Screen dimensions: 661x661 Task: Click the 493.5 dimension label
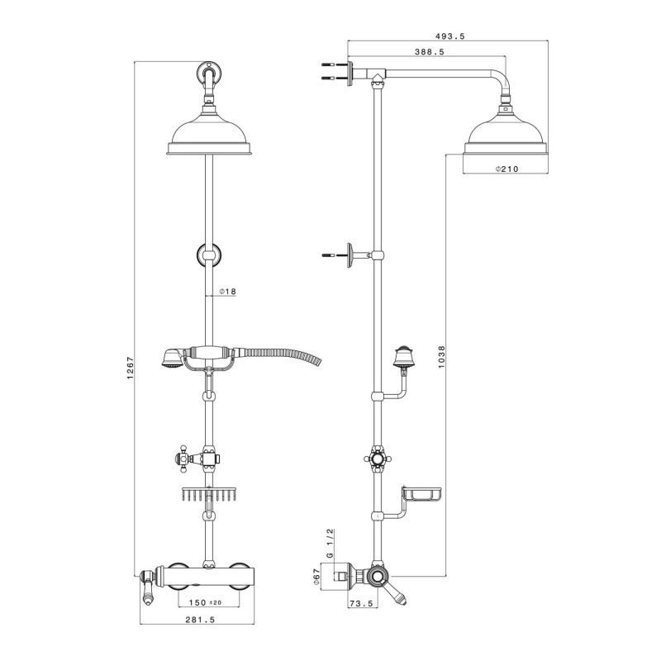coord(450,36)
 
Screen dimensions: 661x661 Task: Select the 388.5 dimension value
coord(430,52)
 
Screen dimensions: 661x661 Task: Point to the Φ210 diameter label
coord(506,169)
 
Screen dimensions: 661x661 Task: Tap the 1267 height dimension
coord(131,368)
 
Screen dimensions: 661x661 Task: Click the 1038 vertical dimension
coord(441,357)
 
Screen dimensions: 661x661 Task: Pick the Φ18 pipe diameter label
coord(228,292)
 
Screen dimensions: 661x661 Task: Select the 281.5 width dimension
coord(200,620)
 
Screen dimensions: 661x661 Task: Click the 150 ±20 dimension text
coord(205,603)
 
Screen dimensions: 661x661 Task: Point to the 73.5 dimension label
coord(361,604)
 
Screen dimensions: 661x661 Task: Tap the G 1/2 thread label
coord(330,544)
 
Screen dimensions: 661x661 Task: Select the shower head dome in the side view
coord(506,134)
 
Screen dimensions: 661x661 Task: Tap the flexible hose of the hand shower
coord(278,354)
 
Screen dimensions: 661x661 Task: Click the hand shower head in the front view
coord(171,359)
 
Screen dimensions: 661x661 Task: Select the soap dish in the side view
coord(422,493)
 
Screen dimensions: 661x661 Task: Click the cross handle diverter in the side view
coord(378,459)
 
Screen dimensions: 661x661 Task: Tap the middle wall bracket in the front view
coord(210,255)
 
